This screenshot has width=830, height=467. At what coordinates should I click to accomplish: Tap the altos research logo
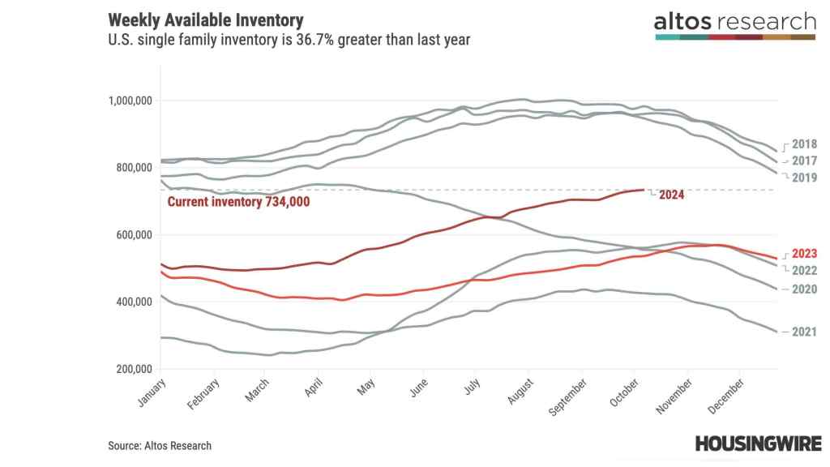734,24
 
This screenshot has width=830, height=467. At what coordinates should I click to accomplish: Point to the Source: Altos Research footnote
160,445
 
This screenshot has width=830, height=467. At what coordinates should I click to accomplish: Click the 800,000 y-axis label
133,168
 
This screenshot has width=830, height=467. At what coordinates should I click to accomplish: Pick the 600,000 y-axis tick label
133,235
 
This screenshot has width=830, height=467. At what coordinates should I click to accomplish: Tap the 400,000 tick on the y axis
133,302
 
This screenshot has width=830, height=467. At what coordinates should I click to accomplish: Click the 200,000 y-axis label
133,369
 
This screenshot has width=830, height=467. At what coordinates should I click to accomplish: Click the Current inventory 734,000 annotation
238,202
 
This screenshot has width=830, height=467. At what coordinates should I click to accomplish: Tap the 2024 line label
672,195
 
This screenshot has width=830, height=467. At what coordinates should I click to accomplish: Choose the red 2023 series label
804,253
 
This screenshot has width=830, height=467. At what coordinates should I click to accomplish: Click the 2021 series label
804,332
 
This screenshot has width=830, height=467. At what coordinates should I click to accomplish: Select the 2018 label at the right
804,144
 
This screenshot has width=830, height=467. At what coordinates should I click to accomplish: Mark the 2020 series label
804,289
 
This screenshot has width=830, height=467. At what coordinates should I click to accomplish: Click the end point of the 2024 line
643,190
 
